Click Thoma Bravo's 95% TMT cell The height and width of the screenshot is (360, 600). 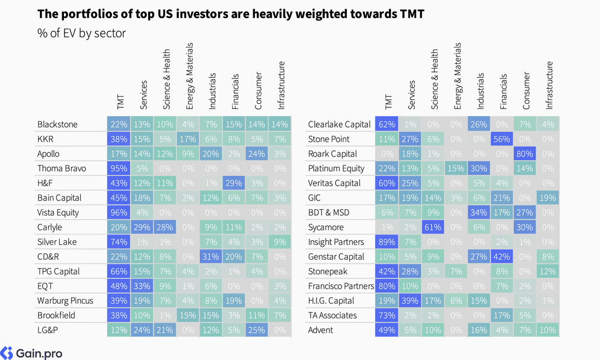[118, 168]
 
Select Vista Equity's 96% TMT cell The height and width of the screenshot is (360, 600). [118, 213]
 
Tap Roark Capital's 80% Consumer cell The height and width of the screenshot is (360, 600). [524, 154]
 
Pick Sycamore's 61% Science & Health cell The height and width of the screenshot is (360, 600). [433, 227]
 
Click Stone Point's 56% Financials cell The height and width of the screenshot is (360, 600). [502, 139]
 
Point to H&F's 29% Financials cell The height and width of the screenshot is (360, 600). [233, 183]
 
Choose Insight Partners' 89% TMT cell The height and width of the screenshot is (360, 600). [387, 242]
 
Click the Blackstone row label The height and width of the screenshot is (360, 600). [57, 124]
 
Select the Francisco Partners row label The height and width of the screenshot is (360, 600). [340, 286]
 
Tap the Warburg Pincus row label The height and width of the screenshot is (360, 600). [65, 301]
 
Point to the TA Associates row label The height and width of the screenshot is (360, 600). [332, 315]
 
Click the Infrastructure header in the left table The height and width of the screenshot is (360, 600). [281, 85]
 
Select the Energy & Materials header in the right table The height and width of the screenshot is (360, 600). [457, 76]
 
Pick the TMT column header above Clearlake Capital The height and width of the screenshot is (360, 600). [388, 101]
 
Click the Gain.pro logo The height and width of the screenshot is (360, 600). [32, 353]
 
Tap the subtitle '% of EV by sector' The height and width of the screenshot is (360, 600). [81, 33]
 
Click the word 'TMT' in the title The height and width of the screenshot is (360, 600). [412, 14]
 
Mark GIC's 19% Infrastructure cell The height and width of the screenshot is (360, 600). [548, 198]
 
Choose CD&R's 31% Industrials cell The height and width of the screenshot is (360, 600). [210, 257]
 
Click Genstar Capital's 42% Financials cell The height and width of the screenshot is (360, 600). [502, 257]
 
